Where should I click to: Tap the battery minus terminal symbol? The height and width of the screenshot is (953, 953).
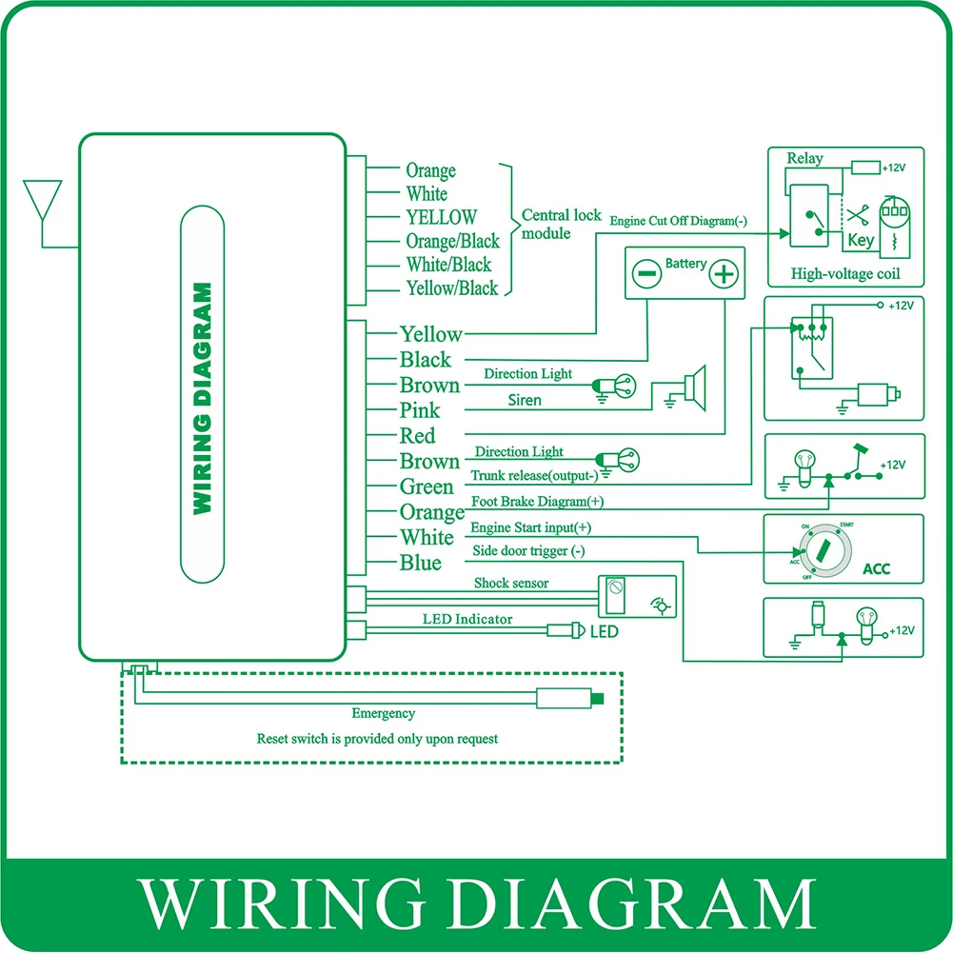coord(645,275)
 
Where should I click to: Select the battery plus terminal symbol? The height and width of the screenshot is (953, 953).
coord(725,275)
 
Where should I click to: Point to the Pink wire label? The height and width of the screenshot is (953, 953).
coord(420,410)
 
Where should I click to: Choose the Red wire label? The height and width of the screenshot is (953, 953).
coord(417,436)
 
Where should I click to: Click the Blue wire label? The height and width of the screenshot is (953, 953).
coord(421,563)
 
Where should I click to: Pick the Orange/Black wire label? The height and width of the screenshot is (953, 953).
coord(452,242)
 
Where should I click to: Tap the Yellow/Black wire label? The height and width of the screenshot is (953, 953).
coord(452,288)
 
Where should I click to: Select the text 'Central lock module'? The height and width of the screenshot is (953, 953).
coord(562,224)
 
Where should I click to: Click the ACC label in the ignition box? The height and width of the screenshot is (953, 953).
coord(875,570)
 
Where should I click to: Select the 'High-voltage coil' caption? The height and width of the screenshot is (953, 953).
coord(844,274)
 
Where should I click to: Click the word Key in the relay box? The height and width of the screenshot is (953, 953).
coord(861,241)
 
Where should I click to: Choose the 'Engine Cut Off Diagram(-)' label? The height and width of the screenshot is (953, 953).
coord(679,221)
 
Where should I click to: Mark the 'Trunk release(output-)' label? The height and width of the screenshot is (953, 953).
coord(534,475)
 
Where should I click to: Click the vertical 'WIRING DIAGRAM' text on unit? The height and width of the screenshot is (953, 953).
coord(202,398)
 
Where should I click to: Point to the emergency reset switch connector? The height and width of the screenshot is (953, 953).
coord(569,699)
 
